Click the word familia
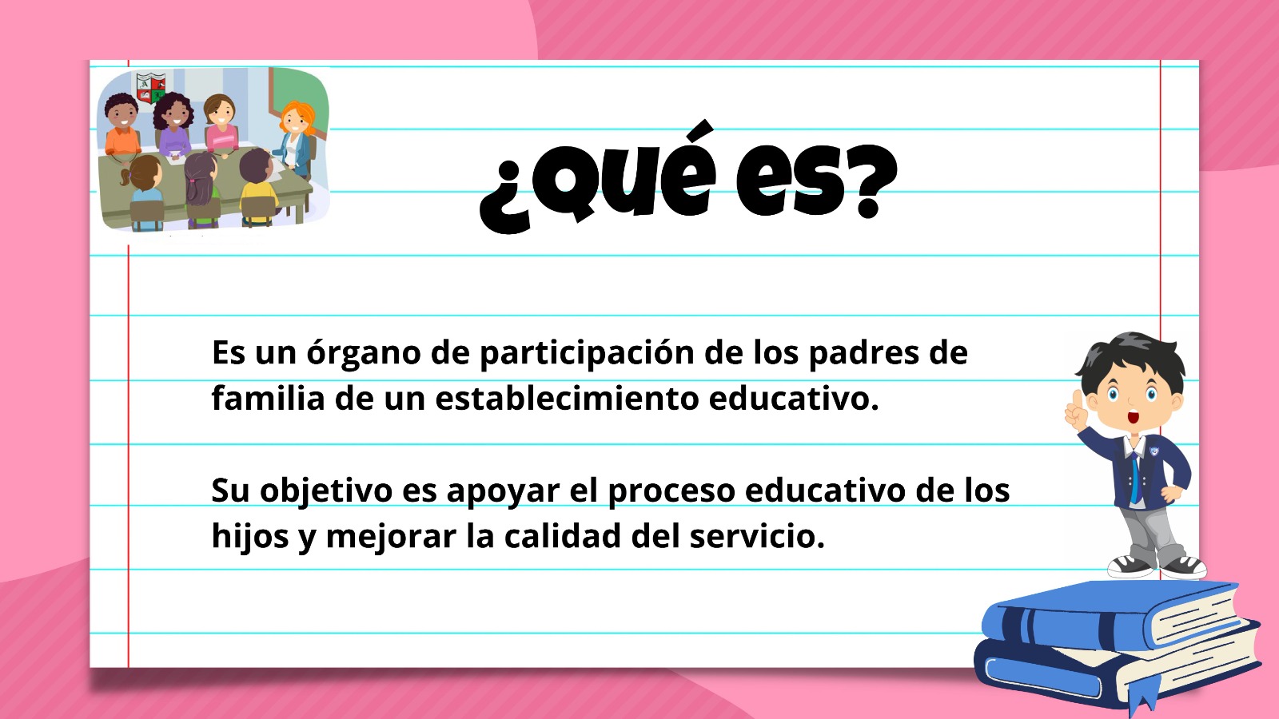[268, 399]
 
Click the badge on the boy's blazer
[1154, 452]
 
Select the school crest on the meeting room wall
[151, 88]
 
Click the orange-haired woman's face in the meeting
[295, 120]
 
